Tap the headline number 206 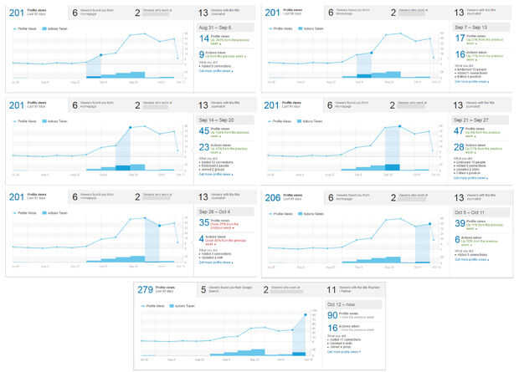click(x=272, y=197)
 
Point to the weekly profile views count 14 click(x=203, y=38)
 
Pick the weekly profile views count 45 click(x=204, y=130)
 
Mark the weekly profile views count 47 click(x=461, y=130)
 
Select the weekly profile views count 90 click(x=332, y=315)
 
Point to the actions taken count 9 click(x=203, y=54)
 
